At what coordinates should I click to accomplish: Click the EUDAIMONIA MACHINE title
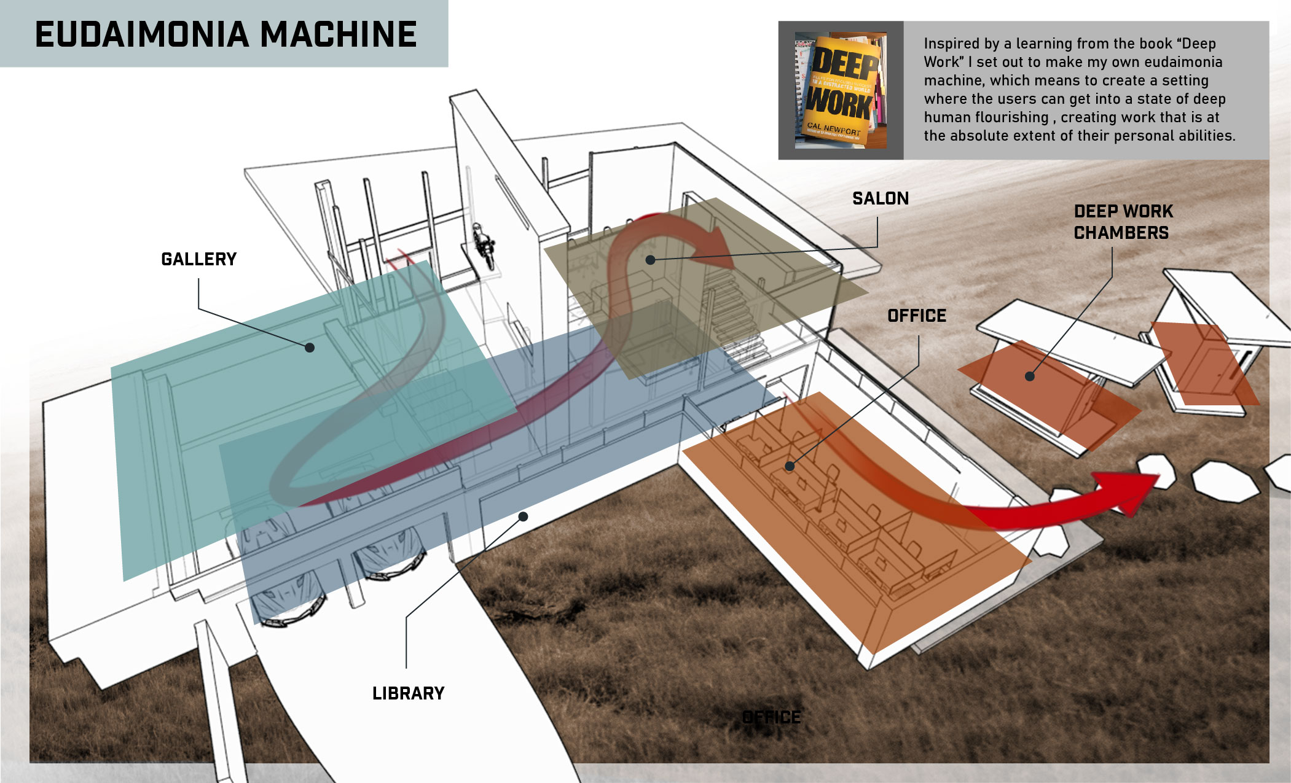pyautogui.click(x=226, y=34)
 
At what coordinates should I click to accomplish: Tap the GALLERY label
pyautogui.click(x=198, y=259)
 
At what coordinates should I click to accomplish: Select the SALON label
pyautogui.click(x=880, y=198)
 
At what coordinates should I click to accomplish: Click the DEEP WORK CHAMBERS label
pyautogui.click(x=1123, y=222)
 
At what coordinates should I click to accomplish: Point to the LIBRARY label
pyautogui.click(x=408, y=693)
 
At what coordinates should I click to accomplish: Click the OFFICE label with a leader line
pyautogui.click(x=916, y=316)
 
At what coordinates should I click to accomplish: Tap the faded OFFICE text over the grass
pyautogui.click(x=771, y=717)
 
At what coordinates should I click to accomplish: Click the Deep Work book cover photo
pyautogui.click(x=841, y=90)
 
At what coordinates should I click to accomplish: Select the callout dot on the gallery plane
pyautogui.click(x=310, y=348)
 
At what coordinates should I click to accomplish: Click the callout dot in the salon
pyautogui.click(x=650, y=260)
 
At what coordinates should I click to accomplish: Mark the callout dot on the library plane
pyautogui.click(x=523, y=516)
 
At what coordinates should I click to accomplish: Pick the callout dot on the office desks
pyautogui.click(x=790, y=467)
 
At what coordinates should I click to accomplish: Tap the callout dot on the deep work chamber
pyautogui.click(x=1030, y=376)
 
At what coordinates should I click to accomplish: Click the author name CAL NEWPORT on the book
pyautogui.click(x=833, y=129)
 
